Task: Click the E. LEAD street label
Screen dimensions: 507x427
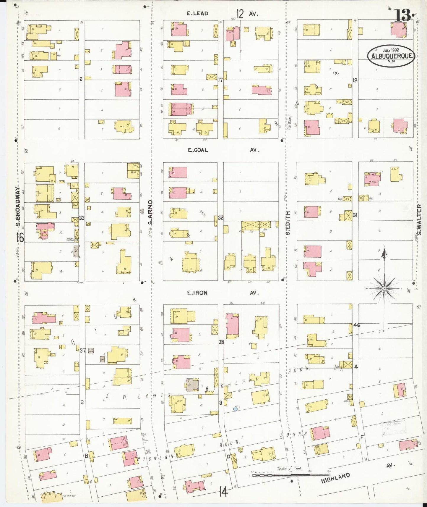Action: coord(198,14)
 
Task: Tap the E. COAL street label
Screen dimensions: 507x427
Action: coord(198,150)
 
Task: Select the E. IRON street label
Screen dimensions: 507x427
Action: coord(197,293)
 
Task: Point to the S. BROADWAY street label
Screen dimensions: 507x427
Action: coord(18,204)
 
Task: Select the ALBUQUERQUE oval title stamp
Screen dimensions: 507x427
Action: coord(391,56)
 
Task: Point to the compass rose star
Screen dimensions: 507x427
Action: coord(384,288)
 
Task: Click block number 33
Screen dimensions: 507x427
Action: coord(82,218)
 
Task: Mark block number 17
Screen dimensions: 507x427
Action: coord(220,80)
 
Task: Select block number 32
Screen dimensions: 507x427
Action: coord(220,218)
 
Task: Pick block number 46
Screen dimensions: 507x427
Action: coord(357,325)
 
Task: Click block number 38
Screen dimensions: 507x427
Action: coord(221,342)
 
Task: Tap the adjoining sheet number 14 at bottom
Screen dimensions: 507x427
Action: coord(223,493)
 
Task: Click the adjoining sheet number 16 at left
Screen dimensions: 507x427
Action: coord(20,237)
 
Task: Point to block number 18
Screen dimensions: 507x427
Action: coord(355,80)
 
